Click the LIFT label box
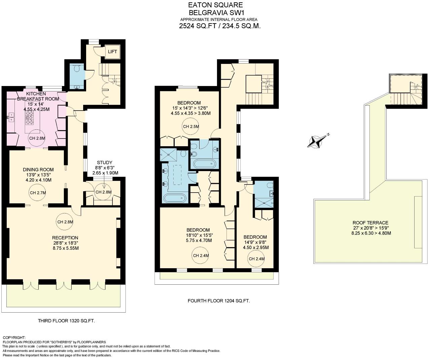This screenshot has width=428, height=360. (x=112, y=51)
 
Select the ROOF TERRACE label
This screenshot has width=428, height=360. (x=370, y=223)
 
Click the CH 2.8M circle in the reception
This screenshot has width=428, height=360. (x=65, y=222)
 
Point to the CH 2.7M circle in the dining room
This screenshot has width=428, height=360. (x=37, y=193)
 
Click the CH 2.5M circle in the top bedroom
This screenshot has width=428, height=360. (x=191, y=127)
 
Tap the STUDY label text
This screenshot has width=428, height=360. (x=104, y=162)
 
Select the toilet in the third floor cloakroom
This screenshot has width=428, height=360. (x=77, y=69)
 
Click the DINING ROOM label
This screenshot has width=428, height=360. (x=38, y=169)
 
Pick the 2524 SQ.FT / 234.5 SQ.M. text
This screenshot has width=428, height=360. (x=220, y=26)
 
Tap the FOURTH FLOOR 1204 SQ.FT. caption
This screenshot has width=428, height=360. (x=219, y=301)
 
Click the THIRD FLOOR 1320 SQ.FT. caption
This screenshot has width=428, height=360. (x=66, y=321)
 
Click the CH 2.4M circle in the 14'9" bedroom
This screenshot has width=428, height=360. (x=256, y=259)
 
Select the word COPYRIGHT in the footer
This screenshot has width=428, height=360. (x=14, y=337)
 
